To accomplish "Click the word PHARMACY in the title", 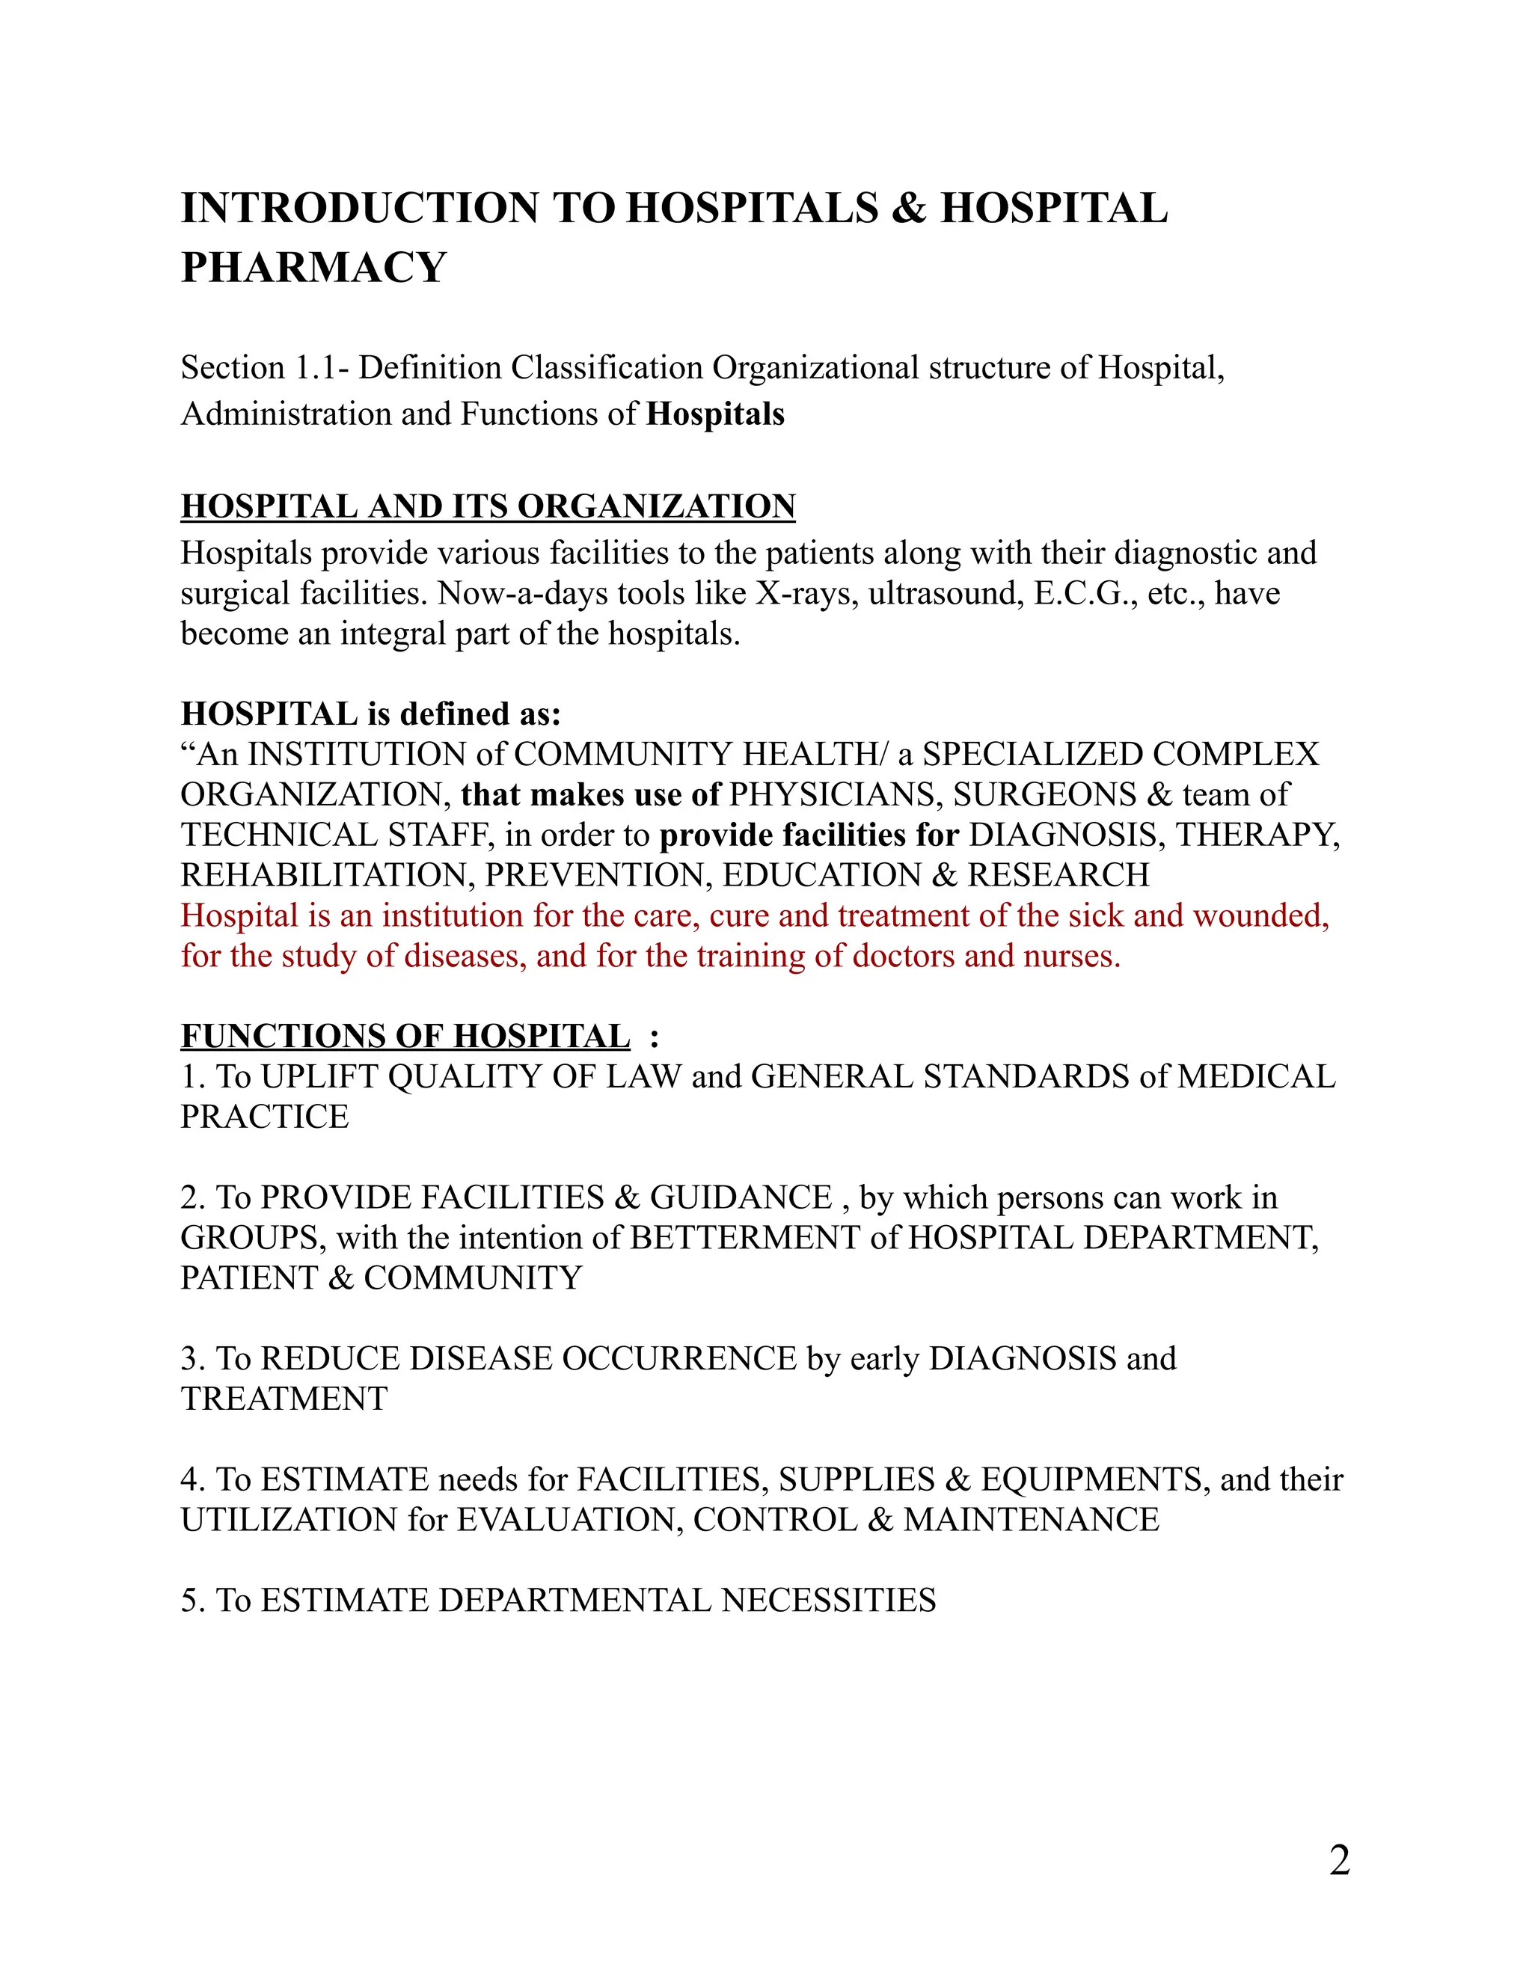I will click(x=313, y=268).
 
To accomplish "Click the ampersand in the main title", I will click(x=908, y=208).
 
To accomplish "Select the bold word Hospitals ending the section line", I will click(x=715, y=415).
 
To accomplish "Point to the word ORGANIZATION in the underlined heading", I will click(x=655, y=506).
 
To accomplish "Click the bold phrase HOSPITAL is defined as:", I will click(x=371, y=714).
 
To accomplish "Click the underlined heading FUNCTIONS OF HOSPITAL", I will click(x=405, y=1037).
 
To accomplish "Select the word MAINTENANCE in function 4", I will click(x=1031, y=1520).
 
